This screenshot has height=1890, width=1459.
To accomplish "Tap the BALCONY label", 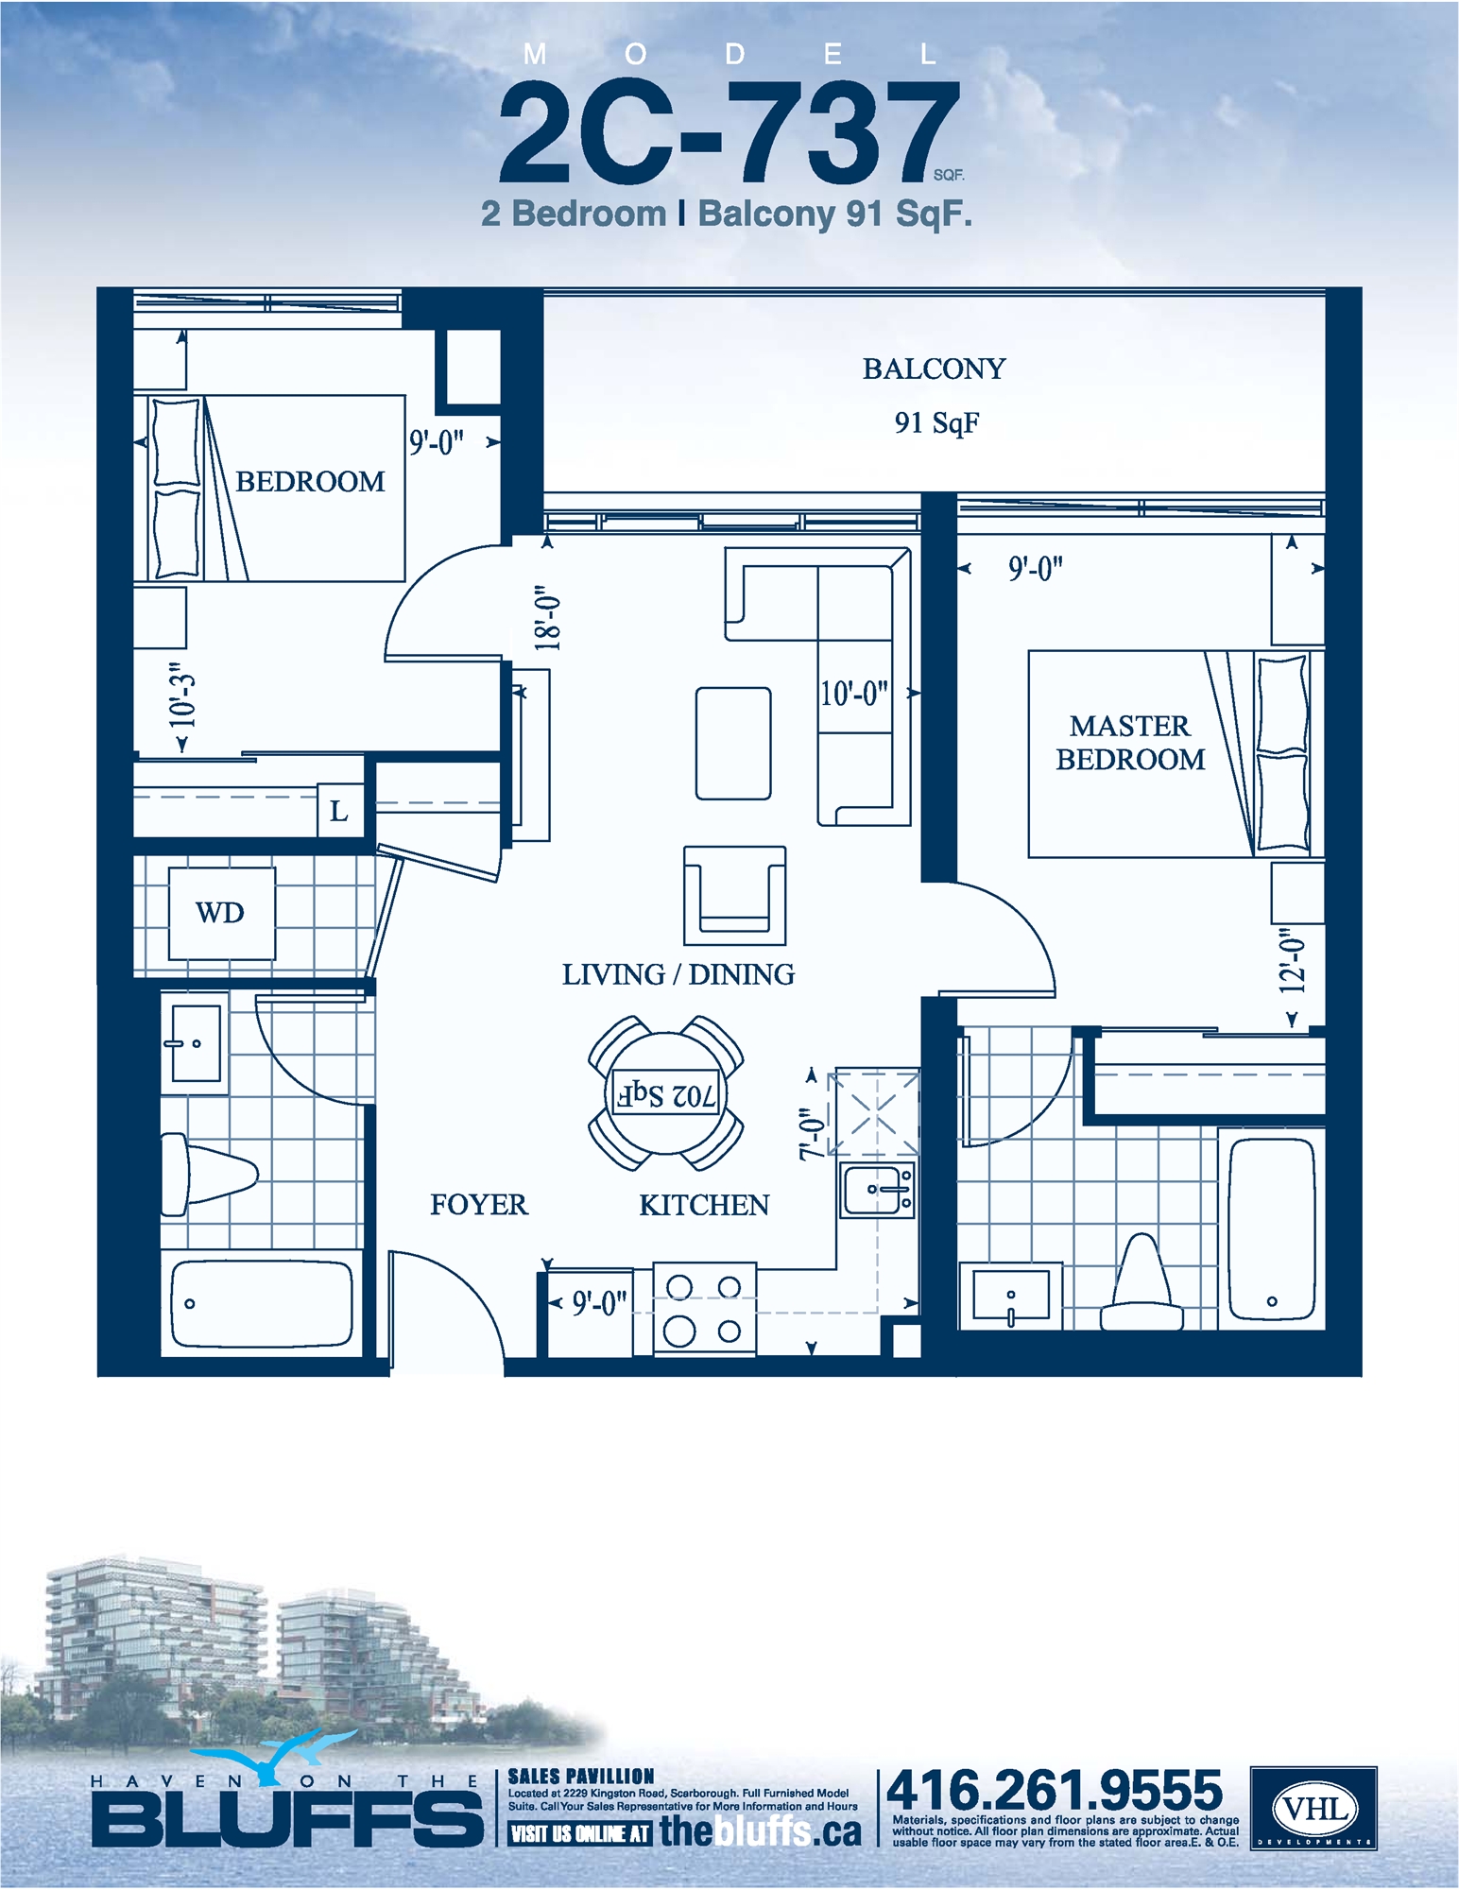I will tap(934, 369).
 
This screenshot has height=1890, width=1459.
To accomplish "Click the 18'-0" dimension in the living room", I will tap(548, 617).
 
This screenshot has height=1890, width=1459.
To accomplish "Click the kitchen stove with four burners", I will tap(704, 1309).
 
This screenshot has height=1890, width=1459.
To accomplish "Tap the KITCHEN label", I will tap(704, 1205).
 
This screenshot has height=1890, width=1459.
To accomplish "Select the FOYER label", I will tap(479, 1205).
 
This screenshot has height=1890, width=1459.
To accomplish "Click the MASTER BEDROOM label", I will tap(1130, 743).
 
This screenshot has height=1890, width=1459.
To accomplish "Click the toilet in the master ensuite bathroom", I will tap(1142, 1285).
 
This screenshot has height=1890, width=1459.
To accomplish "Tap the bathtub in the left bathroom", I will tap(262, 1304).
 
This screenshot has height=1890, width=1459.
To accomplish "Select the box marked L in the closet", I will tap(339, 811).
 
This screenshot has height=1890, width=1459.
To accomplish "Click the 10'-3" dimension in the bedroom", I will tap(181, 700).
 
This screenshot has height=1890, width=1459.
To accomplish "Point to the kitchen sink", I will tap(876, 1190).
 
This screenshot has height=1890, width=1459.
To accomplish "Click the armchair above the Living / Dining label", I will tap(734, 895).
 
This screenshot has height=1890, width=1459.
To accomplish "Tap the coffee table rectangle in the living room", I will tap(733, 744).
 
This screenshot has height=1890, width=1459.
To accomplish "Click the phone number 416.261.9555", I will tap(1054, 1790).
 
